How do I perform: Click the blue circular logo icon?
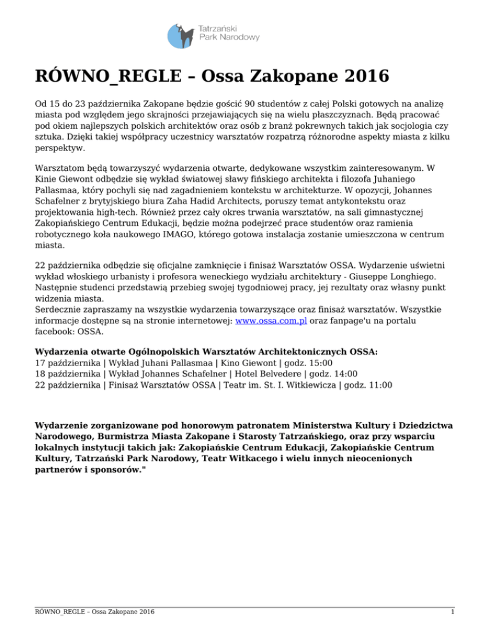pos(181,36)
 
